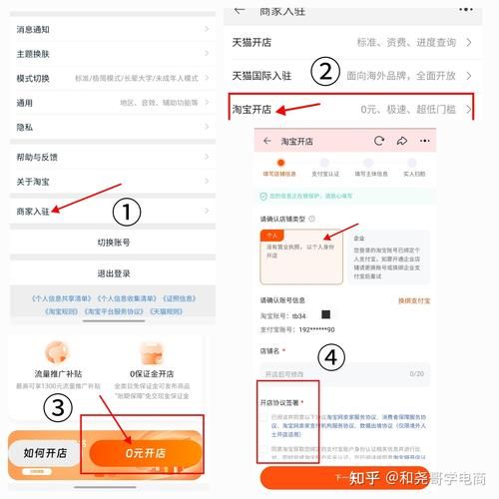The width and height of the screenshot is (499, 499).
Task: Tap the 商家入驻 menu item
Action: [33, 211]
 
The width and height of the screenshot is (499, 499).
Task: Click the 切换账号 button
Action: [113, 243]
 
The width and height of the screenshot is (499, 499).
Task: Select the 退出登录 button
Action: [113, 272]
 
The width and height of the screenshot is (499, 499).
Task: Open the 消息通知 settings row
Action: [33, 29]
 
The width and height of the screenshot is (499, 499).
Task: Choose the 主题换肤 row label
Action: [33, 53]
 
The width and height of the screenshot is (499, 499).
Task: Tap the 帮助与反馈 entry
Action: [37, 158]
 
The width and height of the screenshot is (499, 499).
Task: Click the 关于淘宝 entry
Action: [33, 181]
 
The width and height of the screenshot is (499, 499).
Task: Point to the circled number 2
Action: [321, 71]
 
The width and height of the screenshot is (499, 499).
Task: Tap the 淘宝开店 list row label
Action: [251, 108]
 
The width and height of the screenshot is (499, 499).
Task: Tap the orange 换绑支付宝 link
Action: [413, 299]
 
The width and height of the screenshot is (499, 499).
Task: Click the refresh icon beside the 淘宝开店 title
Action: [379, 141]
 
